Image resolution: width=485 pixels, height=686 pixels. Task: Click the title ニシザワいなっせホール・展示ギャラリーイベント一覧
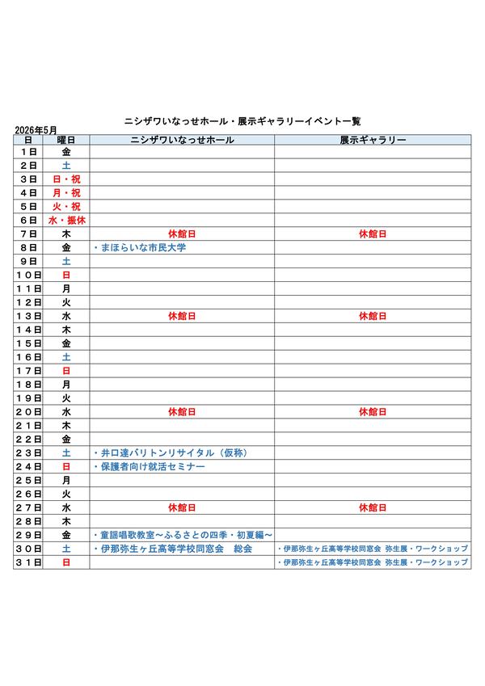point(242,120)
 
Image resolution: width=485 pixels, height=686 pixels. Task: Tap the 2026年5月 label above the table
point(36,129)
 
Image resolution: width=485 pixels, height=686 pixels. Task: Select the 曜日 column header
point(66,140)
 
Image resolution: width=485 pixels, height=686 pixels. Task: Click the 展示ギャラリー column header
point(373,140)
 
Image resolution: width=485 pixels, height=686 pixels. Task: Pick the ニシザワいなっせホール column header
point(182,140)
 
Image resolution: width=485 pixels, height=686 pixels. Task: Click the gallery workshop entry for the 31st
point(372,562)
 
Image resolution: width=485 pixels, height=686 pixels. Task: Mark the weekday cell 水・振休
point(66,220)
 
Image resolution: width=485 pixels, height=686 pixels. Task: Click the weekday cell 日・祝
point(66,179)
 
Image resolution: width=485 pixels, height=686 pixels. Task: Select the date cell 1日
point(28,151)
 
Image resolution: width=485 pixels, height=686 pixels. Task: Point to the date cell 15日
point(28,343)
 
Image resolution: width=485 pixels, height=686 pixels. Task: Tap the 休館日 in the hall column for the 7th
point(182,234)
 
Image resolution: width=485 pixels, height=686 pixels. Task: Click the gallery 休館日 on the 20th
point(373,411)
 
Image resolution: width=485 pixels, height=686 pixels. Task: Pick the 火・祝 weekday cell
point(66,206)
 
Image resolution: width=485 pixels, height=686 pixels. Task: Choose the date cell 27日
point(28,507)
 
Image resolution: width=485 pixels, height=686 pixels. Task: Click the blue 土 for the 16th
point(66,356)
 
